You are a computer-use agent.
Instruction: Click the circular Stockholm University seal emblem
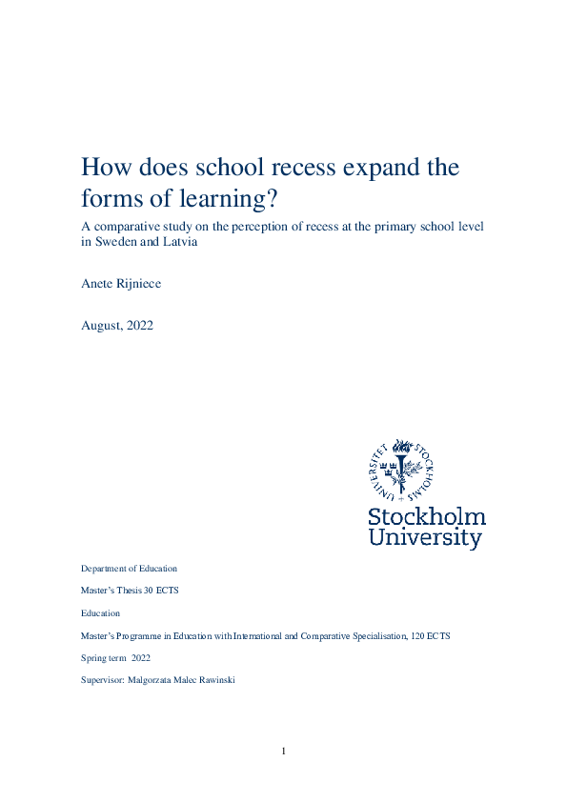coord(401,471)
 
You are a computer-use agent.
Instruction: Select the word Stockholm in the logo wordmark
coord(427,517)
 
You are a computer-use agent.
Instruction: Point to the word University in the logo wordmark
coord(426,539)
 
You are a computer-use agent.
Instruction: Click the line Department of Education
coord(129,569)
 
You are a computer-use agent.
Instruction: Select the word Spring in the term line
coord(93,658)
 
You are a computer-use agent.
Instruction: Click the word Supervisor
coord(103,680)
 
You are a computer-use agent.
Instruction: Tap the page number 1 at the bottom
coord(283,752)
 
